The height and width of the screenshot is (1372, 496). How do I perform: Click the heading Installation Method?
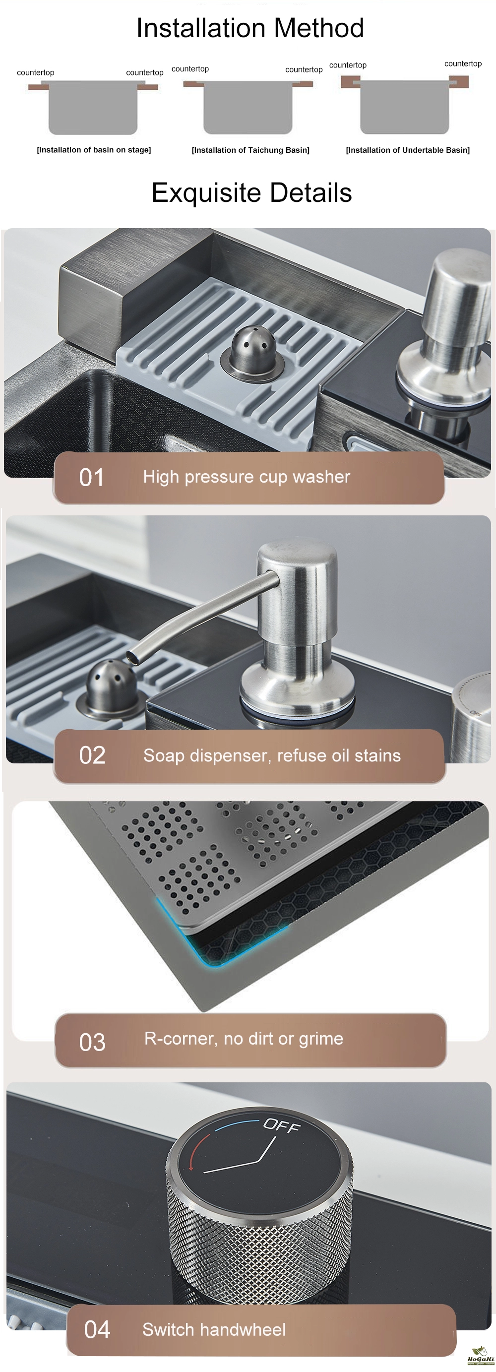pos(250,28)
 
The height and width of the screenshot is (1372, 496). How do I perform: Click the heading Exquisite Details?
pos(251,193)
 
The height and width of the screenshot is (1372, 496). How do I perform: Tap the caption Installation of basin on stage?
pos(94,150)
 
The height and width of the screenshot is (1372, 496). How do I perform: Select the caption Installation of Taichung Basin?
pos(250,150)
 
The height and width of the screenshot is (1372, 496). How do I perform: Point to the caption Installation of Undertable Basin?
pos(408,150)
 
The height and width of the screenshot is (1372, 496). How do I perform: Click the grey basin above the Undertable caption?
pos(404,107)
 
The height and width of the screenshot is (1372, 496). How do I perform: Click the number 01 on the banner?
pos(91,477)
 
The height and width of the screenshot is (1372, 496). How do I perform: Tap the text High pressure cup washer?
pos(247,477)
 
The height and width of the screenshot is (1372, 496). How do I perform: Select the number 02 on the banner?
pos(92,755)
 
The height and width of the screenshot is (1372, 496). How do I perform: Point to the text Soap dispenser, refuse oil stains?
pos(272,755)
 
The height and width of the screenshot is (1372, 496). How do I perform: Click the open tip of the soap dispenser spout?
pos(134,657)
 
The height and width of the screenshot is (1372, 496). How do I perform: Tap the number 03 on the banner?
pos(92,1042)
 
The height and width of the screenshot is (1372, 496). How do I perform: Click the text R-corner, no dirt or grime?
pos(244,1039)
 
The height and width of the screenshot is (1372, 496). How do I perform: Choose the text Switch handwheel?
pos(214,1329)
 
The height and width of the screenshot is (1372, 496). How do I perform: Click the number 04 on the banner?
pos(97,1329)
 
